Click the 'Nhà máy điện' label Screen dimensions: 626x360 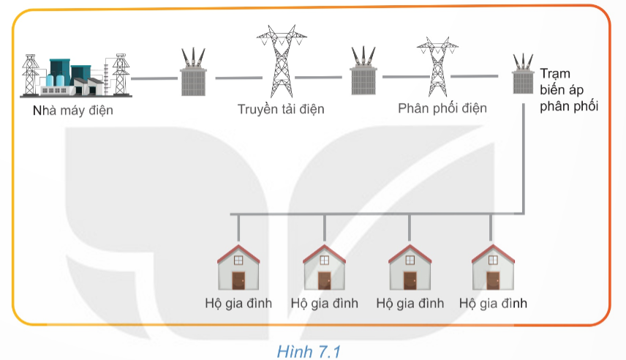72,110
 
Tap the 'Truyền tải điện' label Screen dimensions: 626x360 281,110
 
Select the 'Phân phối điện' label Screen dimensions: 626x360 442,108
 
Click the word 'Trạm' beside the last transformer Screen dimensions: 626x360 555,74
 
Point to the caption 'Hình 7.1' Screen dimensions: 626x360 309,352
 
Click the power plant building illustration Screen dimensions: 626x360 76,76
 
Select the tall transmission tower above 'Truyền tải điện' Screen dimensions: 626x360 282,61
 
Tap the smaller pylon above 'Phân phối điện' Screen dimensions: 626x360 437,67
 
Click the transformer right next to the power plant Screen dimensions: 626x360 194,72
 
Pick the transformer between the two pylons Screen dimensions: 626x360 363,71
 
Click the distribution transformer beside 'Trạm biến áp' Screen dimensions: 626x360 523,75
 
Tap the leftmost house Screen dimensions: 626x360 238,267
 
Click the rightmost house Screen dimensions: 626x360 493,267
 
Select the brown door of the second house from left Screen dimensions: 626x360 324,280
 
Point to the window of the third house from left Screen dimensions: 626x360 410,260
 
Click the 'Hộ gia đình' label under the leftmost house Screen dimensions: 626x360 238,303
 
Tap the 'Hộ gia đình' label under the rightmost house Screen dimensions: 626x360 493,303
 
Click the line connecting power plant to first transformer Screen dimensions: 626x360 154,78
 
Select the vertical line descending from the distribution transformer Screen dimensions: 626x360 523,159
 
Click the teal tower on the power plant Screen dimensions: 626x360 60,70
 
